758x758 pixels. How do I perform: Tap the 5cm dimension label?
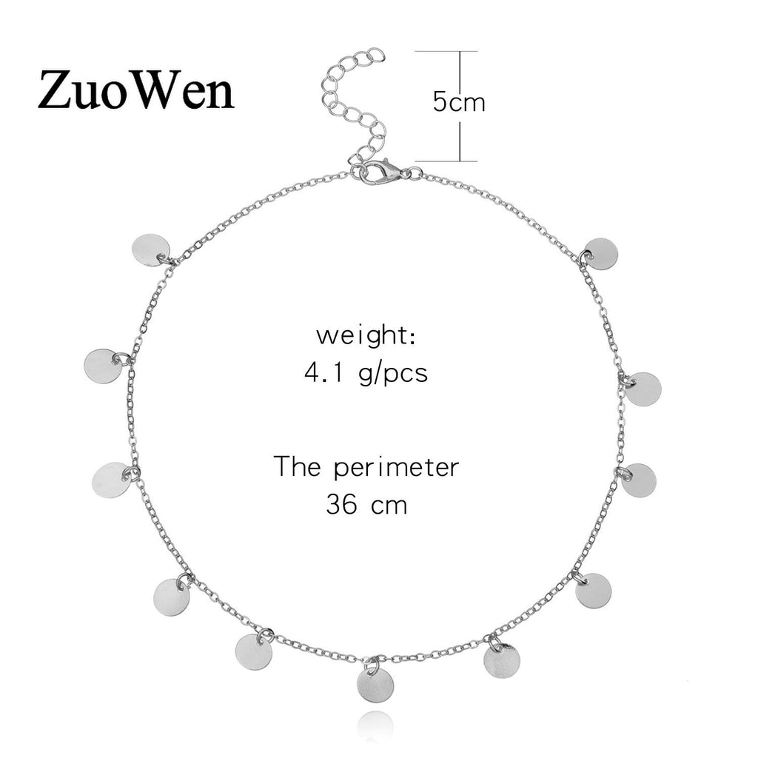(459, 102)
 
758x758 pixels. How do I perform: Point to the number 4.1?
(321, 372)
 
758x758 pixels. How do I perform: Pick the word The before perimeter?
(299, 467)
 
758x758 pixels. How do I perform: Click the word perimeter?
(397, 469)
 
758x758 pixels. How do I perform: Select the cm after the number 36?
(389, 506)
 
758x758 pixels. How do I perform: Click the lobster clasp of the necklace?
(382, 175)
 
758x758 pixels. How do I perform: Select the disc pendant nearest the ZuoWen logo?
(150, 250)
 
